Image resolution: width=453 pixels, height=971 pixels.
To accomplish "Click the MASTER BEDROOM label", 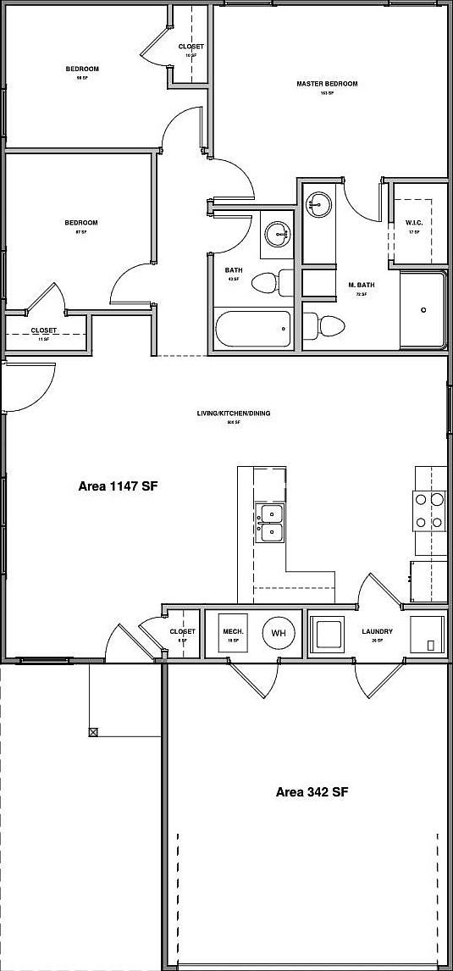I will [327, 84].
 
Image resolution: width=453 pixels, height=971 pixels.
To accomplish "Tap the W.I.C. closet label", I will [414, 223].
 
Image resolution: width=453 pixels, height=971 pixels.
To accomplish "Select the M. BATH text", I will [361, 285].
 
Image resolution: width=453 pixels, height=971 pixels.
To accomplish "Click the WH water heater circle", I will [279, 632].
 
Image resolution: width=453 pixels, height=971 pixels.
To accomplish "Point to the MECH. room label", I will [234, 631].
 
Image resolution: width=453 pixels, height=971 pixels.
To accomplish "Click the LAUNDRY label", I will [377, 631].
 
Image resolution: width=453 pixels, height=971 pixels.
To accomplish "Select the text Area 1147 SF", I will [119, 486].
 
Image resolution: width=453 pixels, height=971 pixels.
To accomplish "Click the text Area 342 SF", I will [312, 792].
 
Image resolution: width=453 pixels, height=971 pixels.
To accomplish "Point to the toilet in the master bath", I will [325, 325].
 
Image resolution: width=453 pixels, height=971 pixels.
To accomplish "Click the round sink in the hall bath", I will [276, 233].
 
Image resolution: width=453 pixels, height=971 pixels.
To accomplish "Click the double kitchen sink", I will [271, 522].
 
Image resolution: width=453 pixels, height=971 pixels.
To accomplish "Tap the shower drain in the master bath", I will [423, 309].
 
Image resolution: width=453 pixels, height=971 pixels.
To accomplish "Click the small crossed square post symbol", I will [92, 731].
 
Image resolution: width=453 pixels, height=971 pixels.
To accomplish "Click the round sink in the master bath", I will [318, 203].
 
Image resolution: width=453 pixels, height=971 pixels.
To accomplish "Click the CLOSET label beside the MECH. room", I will [182, 631].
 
